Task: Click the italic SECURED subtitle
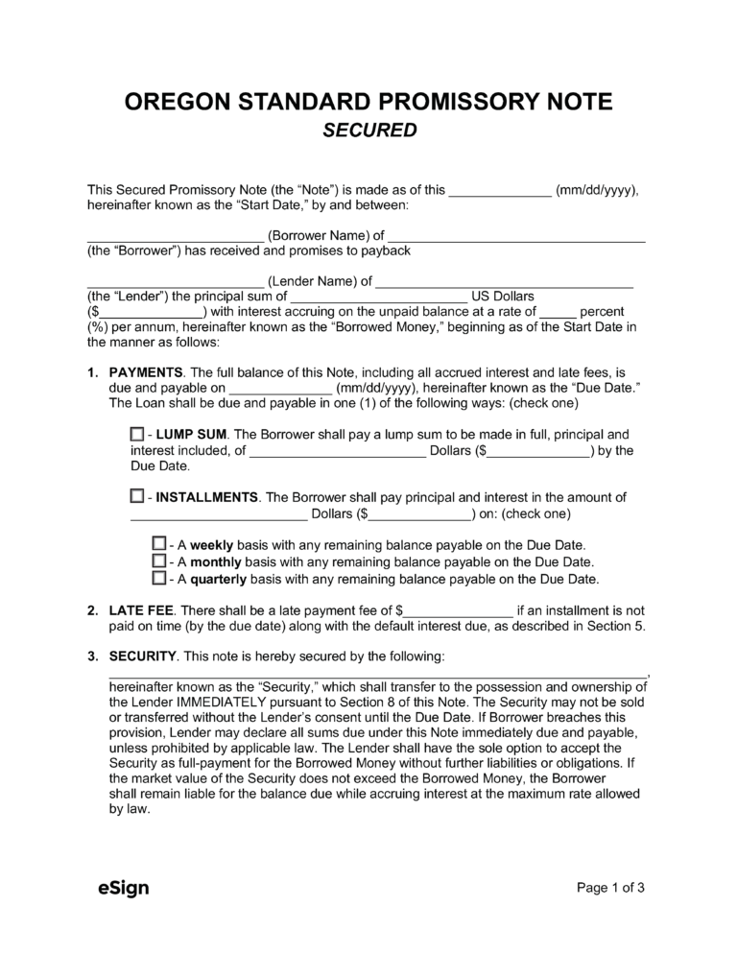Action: click(368, 131)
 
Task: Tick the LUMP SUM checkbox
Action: click(136, 435)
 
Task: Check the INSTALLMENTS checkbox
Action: click(136, 497)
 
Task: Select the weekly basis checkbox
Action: click(159, 544)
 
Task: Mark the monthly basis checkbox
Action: click(159, 561)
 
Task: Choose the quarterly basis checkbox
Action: click(159, 579)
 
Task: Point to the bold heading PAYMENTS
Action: click(147, 372)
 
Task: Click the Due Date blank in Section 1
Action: click(280, 389)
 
